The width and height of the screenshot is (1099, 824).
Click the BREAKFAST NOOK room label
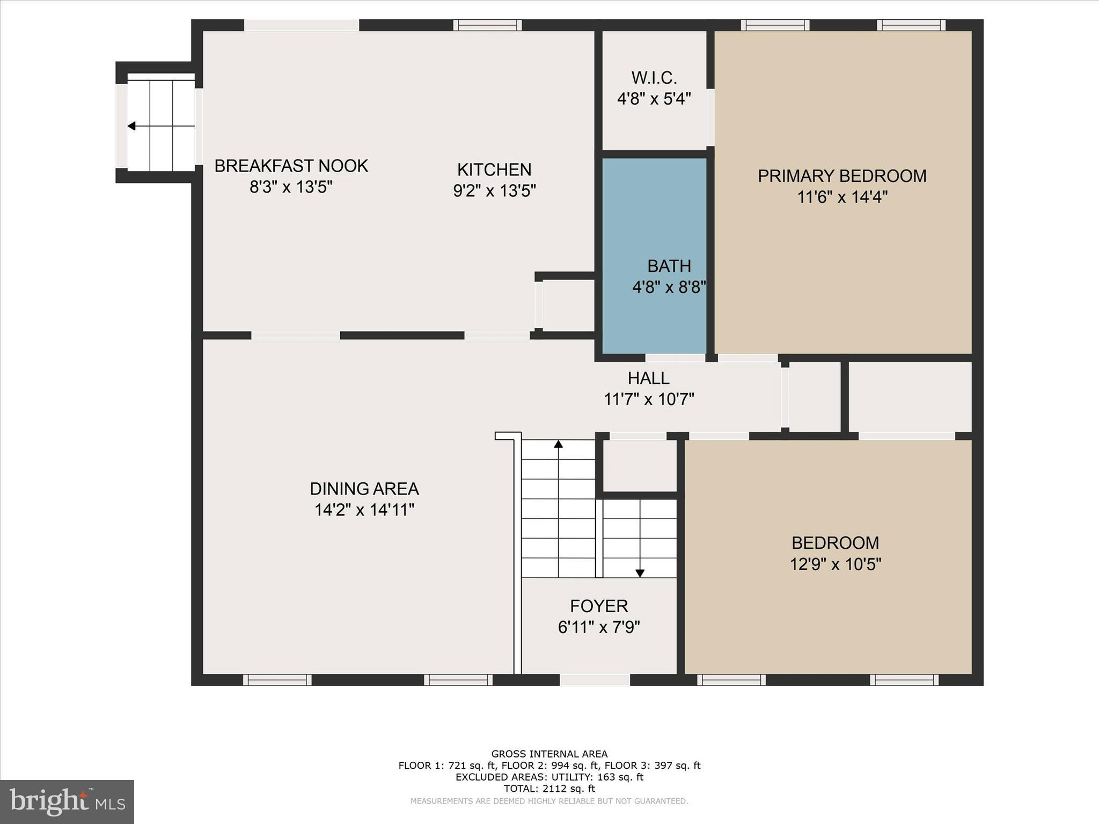pyautogui.click(x=291, y=166)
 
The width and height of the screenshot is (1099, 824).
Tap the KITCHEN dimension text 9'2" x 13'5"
pyautogui.click(x=494, y=191)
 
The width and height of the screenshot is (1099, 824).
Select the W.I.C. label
pyautogui.click(x=654, y=78)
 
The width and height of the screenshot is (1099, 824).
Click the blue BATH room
pyautogui.click(x=654, y=225)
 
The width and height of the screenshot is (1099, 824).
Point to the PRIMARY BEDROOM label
pyautogui.click(x=841, y=176)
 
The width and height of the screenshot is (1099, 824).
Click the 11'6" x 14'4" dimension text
pyautogui.click(x=841, y=197)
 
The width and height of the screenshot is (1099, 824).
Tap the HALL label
pyautogui.click(x=648, y=378)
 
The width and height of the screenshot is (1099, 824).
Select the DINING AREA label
pyautogui.click(x=364, y=489)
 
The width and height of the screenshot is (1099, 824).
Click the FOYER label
pyautogui.click(x=598, y=606)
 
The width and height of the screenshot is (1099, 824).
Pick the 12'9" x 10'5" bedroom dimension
pyautogui.click(x=835, y=564)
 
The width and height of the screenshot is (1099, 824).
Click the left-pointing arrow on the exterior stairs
pyautogui.click(x=131, y=126)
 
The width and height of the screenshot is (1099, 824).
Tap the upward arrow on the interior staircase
pyautogui.click(x=558, y=444)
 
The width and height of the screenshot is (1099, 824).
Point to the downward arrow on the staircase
pyautogui.click(x=640, y=573)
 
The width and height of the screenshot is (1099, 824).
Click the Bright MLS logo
pyautogui.click(x=67, y=801)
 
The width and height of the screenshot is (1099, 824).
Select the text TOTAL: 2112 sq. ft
pyautogui.click(x=549, y=789)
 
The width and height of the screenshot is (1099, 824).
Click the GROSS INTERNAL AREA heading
pyautogui.click(x=549, y=754)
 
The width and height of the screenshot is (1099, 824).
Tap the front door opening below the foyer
pyautogui.click(x=595, y=680)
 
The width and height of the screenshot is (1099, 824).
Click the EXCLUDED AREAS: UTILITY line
pyautogui.click(x=549, y=777)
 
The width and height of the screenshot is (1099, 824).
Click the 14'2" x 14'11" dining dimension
pyautogui.click(x=364, y=510)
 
